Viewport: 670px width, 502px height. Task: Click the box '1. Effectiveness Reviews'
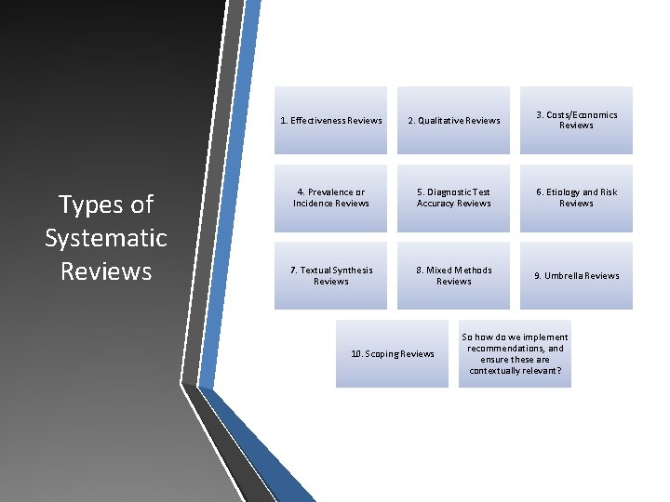click(x=330, y=120)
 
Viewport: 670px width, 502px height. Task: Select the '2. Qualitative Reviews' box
click(x=453, y=120)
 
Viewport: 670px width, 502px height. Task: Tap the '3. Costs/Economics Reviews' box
click(x=576, y=120)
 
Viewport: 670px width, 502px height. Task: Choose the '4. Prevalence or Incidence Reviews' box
click(x=330, y=198)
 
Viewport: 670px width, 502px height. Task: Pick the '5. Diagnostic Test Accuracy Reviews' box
click(x=453, y=198)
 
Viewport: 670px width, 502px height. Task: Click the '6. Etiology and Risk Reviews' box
click(x=576, y=198)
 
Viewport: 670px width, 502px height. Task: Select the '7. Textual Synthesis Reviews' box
click(x=330, y=275)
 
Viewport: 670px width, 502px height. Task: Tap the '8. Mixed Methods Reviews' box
click(x=453, y=275)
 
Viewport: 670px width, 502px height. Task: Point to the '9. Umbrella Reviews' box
click(x=576, y=275)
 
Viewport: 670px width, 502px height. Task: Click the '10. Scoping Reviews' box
click(x=392, y=353)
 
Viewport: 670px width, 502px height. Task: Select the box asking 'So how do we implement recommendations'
click(x=515, y=353)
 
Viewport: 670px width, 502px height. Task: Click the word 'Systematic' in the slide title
click(x=106, y=238)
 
